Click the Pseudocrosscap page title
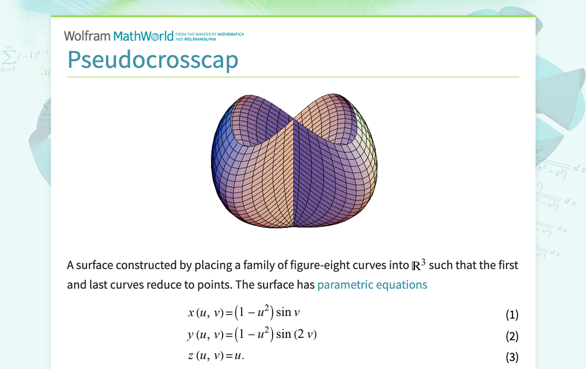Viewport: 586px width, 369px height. click(153, 60)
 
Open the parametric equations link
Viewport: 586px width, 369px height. click(372, 284)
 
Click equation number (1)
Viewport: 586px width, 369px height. click(512, 314)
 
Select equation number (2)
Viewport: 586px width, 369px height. click(512, 336)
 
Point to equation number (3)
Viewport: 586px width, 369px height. click(512, 357)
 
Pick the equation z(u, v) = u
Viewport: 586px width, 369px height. click(220, 356)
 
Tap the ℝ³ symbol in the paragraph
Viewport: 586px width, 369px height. click(418, 265)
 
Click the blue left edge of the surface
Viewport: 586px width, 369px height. click(216, 153)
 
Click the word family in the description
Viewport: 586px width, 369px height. click(243, 266)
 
